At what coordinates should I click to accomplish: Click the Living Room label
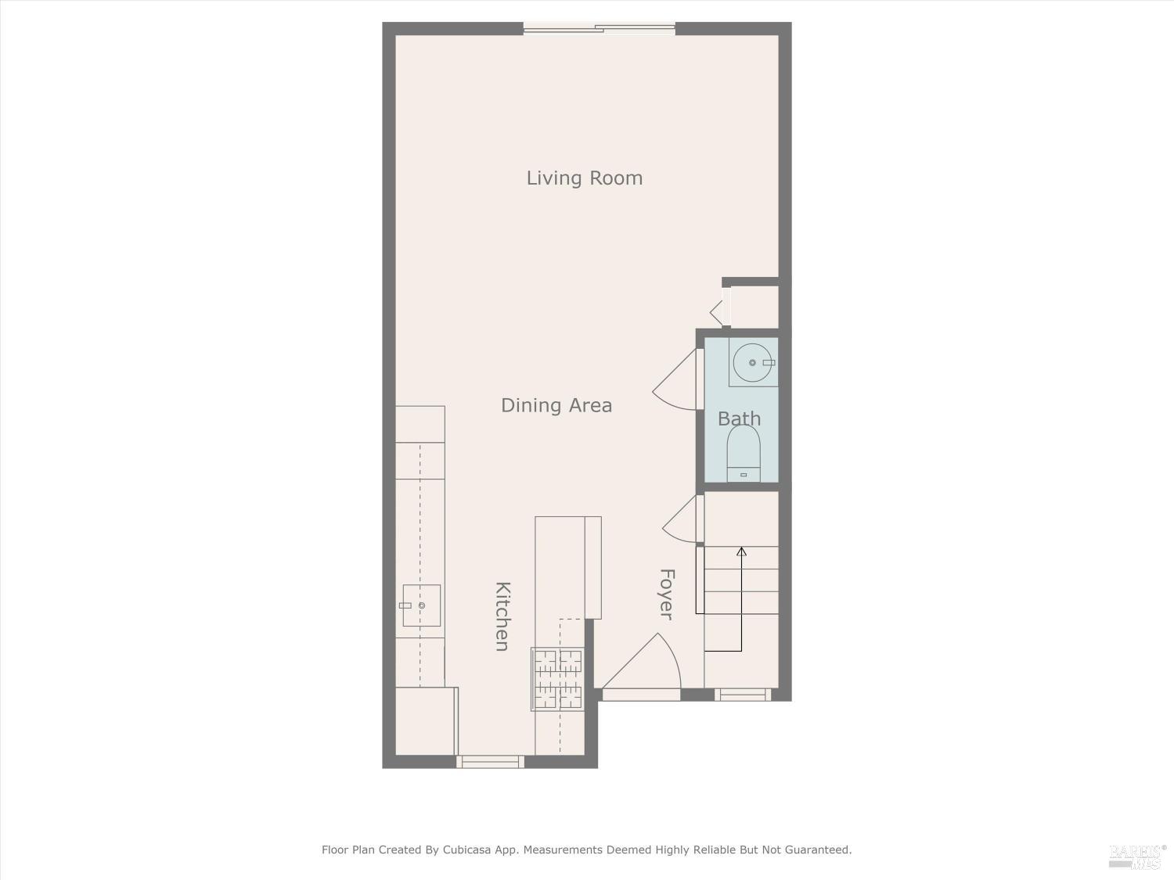click(x=584, y=178)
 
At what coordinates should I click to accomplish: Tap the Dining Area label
click(x=556, y=405)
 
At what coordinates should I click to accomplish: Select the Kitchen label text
click(x=502, y=616)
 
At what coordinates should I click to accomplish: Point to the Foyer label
click(x=667, y=594)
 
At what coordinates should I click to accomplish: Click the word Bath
click(x=739, y=418)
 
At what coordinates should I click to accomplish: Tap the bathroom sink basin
click(x=752, y=362)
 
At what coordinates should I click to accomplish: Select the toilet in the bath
click(x=744, y=454)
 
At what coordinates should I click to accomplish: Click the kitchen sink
click(x=421, y=605)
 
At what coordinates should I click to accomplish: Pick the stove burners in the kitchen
click(x=557, y=678)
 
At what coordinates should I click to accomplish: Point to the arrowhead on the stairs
click(x=741, y=551)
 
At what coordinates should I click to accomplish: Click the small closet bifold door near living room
click(x=718, y=311)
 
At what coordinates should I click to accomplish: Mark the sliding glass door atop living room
click(x=599, y=29)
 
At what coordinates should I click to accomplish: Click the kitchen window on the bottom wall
click(x=490, y=761)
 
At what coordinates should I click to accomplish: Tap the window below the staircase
click(x=743, y=694)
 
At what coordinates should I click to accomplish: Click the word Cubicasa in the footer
click(x=468, y=849)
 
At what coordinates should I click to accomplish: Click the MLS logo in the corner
click(x=1137, y=857)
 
